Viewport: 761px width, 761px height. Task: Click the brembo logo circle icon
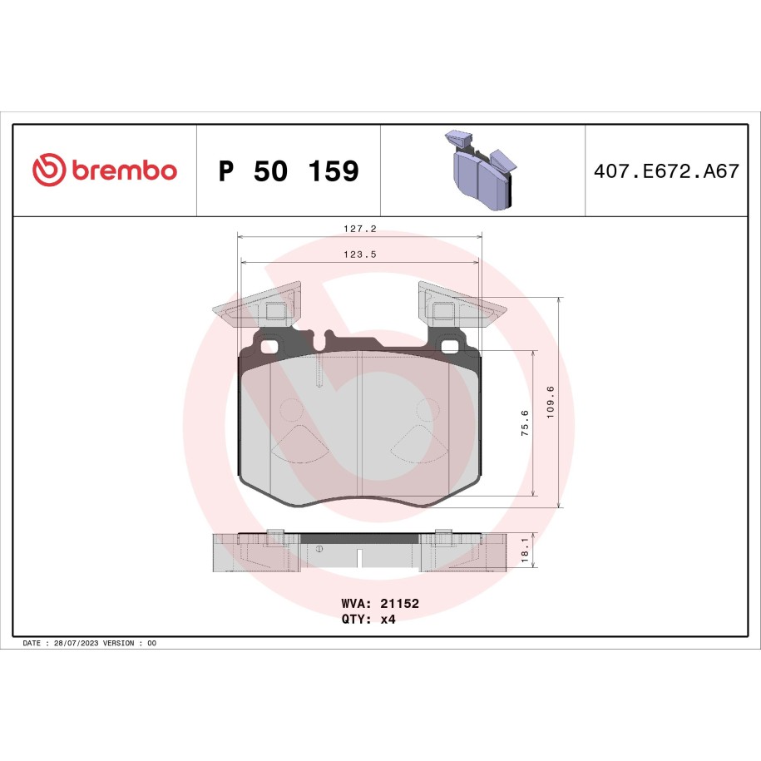(48, 170)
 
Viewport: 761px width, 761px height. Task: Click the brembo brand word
(124, 170)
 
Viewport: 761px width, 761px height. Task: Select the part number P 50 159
(289, 170)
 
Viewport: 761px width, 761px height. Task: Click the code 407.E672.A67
(666, 170)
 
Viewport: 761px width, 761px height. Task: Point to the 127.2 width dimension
(360, 229)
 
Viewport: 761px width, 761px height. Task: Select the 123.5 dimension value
(360, 254)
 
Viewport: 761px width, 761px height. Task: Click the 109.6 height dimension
(550, 403)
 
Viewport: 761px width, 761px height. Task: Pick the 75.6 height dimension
(525, 423)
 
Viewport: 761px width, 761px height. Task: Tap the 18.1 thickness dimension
(525, 550)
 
